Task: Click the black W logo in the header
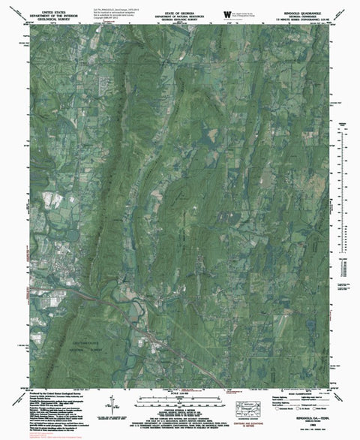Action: click(x=227, y=12)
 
